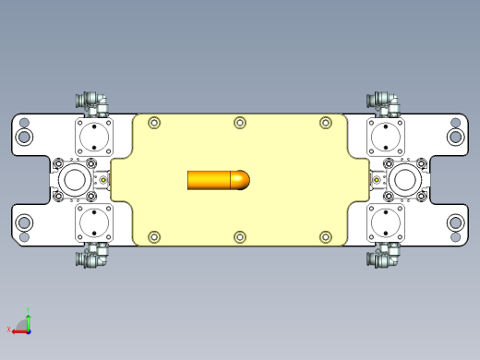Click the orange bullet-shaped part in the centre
[x=218, y=179]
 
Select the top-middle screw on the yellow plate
[x=240, y=123]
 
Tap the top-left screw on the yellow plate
[x=154, y=123]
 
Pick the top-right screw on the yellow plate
[x=325, y=123]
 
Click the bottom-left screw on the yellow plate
[x=154, y=236]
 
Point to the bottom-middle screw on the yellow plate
[x=240, y=236]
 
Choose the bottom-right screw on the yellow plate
[x=325, y=236]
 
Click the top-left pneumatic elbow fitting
[x=92, y=101]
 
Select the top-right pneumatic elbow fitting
[x=384, y=101]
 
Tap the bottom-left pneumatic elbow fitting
[x=92, y=258]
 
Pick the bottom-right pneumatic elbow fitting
[x=384, y=258]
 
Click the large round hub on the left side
[x=74, y=179]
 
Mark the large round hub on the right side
[x=404, y=179]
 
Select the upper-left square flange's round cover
[x=93, y=138]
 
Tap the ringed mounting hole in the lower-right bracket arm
[x=455, y=222]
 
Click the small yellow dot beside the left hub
[x=103, y=180]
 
